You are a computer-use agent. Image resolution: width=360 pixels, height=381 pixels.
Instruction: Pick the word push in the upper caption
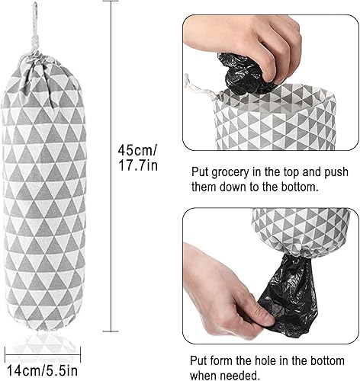click(329, 173)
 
